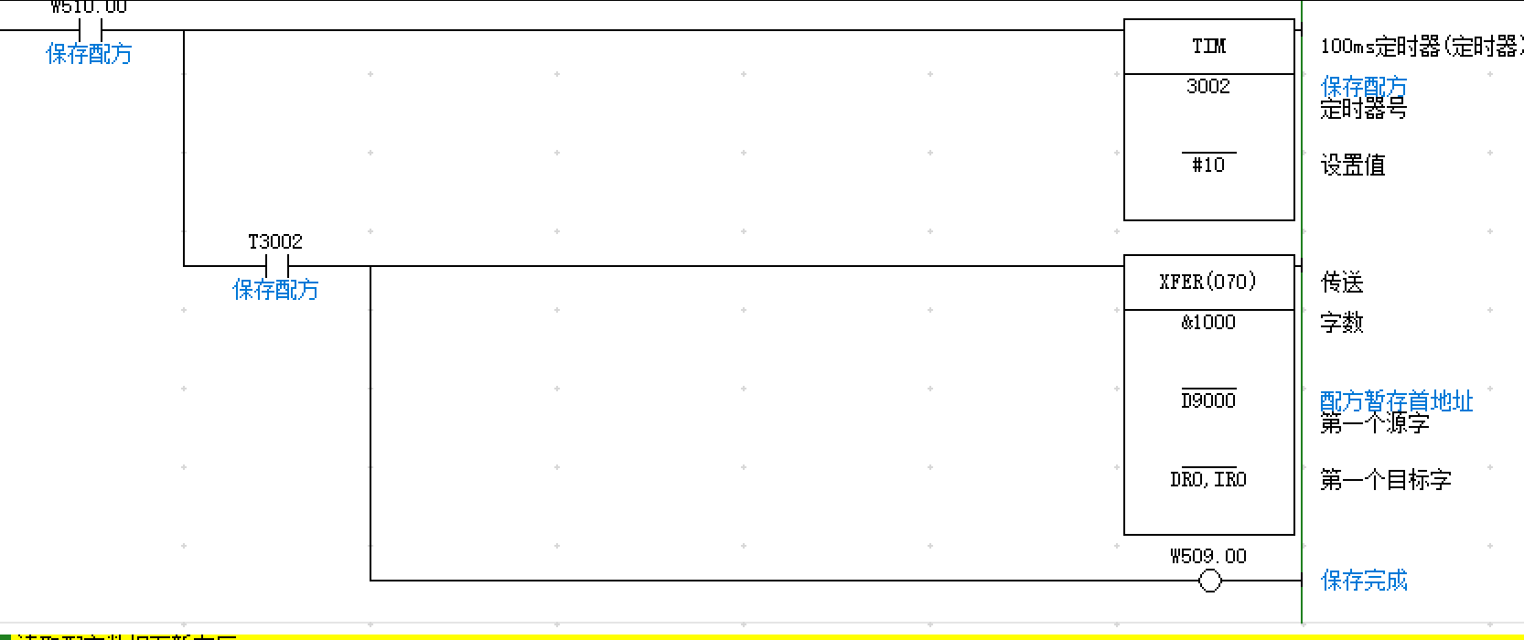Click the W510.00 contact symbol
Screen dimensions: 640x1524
pyautogui.click(x=90, y=30)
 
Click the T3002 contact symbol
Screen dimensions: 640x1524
pyautogui.click(x=276, y=266)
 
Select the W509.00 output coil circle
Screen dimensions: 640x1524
pyautogui.click(x=1209, y=580)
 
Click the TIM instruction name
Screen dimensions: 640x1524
pyautogui.click(x=1208, y=46)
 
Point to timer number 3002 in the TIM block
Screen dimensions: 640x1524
pyautogui.click(x=1208, y=87)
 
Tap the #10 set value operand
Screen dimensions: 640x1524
pyautogui.click(x=1208, y=165)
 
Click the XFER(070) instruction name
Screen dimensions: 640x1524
pyautogui.click(x=1208, y=282)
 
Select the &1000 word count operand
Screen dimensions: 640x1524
pyautogui.click(x=1208, y=322)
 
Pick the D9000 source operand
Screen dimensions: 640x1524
pyautogui.click(x=1208, y=400)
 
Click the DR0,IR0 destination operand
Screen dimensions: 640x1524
pyautogui.click(x=1208, y=479)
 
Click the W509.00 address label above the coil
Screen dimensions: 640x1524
pyautogui.click(x=1208, y=556)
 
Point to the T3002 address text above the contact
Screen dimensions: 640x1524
pyautogui.click(x=275, y=241)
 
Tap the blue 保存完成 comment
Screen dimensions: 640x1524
pyautogui.click(x=1364, y=580)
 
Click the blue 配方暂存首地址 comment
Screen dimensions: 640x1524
pyautogui.click(x=1396, y=400)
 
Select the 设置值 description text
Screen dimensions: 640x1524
pyautogui.click(x=1353, y=165)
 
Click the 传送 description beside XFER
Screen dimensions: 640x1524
pyautogui.click(x=1342, y=283)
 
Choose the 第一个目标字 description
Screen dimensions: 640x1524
pyautogui.click(x=1385, y=480)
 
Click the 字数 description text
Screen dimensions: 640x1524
pyautogui.click(x=1342, y=323)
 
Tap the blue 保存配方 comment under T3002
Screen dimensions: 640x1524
pyautogui.click(x=275, y=290)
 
